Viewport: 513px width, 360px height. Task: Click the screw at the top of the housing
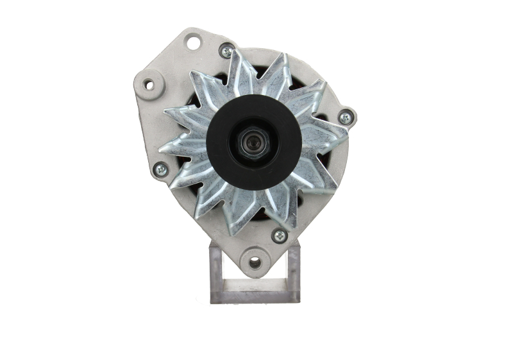coord(226,51)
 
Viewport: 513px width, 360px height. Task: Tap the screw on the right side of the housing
coord(345,118)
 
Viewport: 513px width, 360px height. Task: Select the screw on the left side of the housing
coord(160,170)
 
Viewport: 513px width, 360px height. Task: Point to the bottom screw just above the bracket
coord(279,236)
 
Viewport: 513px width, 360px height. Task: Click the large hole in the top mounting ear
coord(192,42)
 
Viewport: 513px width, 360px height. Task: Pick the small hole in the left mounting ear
coord(148,84)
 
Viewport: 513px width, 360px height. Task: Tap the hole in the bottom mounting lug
coord(255,262)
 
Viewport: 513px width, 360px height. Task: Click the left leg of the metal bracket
coord(216,270)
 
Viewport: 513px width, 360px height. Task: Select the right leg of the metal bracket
coord(293,270)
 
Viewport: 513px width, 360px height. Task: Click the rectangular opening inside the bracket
coord(255,282)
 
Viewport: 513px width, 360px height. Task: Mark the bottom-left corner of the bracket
coord(212,301)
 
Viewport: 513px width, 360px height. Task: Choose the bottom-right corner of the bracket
coord(298,300)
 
